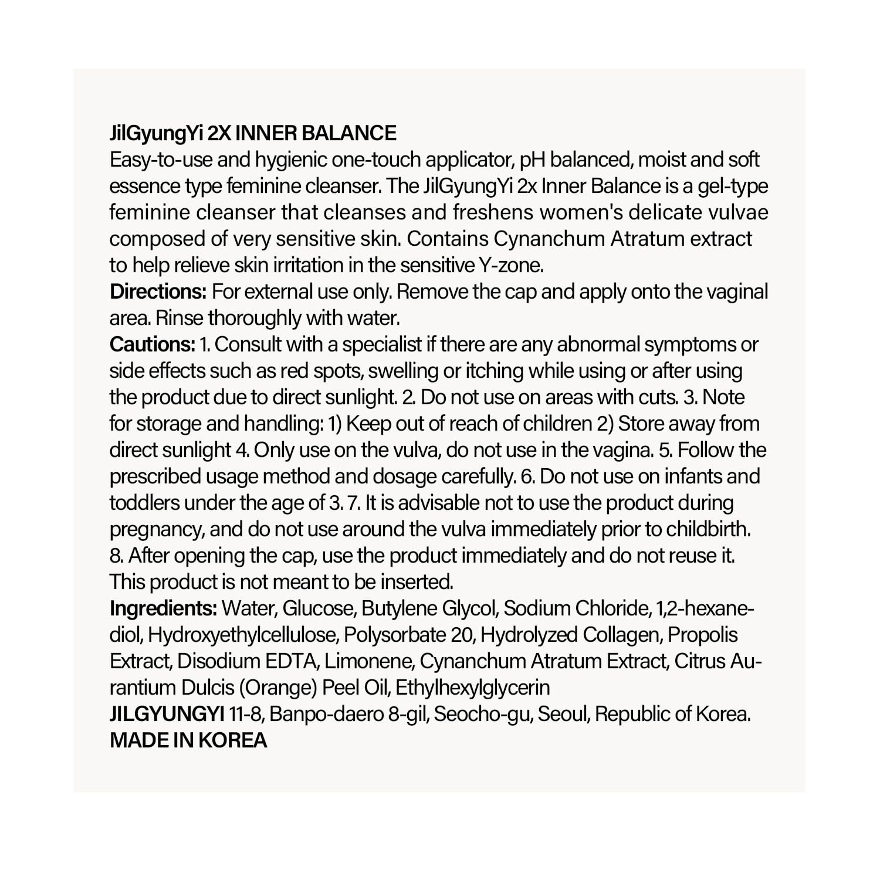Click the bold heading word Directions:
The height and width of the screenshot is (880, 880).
point(158,292)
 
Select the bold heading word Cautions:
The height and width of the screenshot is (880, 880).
point(152,344)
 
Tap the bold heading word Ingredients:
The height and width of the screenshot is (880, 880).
point(163,608)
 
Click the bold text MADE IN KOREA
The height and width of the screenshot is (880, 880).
point(188,740)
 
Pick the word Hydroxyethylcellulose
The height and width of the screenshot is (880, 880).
point(242,635)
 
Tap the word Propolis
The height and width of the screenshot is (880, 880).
point(703,635)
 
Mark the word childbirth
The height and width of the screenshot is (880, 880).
point(708,529)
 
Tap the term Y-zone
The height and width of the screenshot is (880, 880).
point(510,265)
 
